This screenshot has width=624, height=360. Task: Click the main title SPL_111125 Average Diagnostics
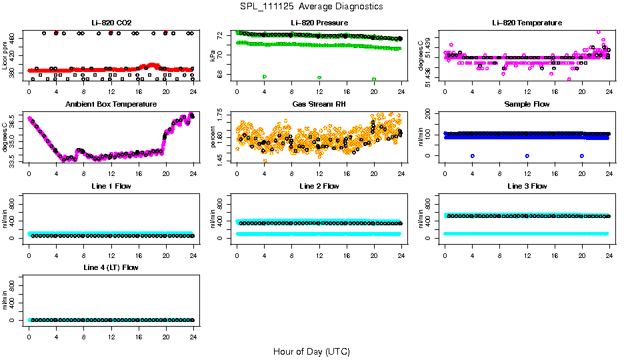312,6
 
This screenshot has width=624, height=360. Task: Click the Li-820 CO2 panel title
111,23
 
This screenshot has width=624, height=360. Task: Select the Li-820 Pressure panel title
318,23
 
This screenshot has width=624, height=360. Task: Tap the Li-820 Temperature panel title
526,23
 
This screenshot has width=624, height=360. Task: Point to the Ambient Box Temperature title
111,105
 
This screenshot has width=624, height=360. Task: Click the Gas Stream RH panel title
318,105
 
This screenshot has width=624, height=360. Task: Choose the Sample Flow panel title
526,105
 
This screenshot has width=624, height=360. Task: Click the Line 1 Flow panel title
111,186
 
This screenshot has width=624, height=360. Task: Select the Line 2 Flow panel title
318,186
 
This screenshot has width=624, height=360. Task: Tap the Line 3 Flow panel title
526,186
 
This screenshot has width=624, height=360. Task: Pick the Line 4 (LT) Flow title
111,267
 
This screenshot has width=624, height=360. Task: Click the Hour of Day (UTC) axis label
311,351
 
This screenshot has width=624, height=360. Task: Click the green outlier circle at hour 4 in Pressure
265,77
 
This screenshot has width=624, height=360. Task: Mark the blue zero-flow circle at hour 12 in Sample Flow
527,155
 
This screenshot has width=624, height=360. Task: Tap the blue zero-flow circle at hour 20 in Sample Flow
582,155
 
